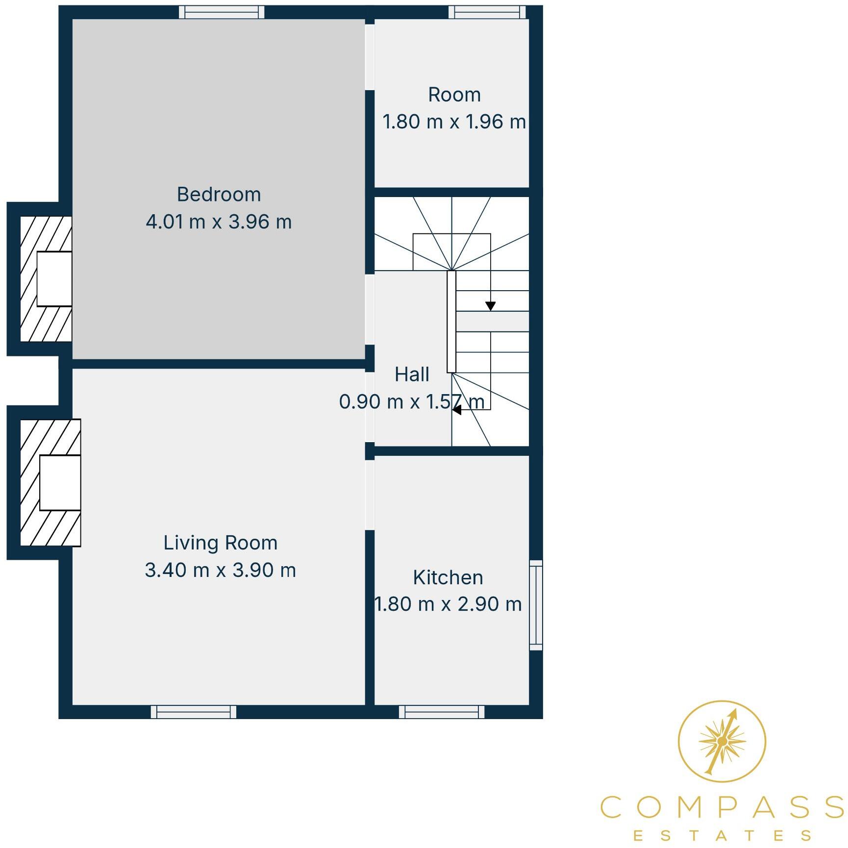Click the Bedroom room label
click(x=219, y=195)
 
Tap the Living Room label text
click(x=220, y=543)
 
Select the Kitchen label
click(x=448, y=577)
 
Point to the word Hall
click(x=412, y=374)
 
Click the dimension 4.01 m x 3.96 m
click(x=219, y=222)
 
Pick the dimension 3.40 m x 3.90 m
click(x=220, y=570)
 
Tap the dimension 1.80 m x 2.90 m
click(x=448, y=604)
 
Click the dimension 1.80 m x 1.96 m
click(x=454, y=122)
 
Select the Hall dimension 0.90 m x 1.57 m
click(x=412, y=402)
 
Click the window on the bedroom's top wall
click(x=222, y=12)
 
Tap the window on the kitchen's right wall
click(x=536, y=605)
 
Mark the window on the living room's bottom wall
click(x=194, y=712)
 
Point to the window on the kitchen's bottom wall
click(x=442, y=712)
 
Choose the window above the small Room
click(x=487, y=12)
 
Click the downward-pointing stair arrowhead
click(x=490, y=306)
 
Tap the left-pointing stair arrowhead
click(x=457, y=410)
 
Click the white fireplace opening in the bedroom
click(x=54, y=279)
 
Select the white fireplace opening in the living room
click(x=60, y=482)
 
